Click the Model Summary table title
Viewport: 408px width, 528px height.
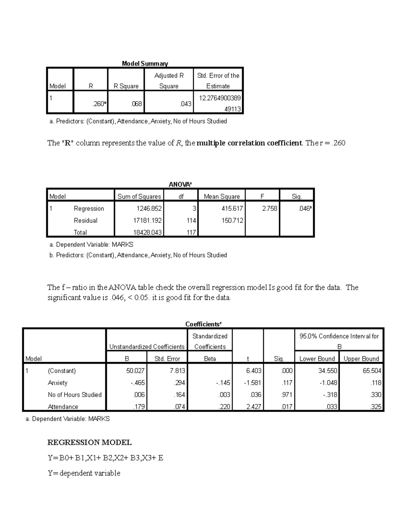[x=145, y=64]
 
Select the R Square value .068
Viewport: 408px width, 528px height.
[x=136, y=104]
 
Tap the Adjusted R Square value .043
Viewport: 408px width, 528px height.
[x=186, y=104]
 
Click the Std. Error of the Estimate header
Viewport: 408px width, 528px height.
[x=218, y=81]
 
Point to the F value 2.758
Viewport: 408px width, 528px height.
[x=270, y=208]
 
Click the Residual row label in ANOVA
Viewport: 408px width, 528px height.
[x=85, y=220]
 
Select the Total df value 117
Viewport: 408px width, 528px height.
[x=191, y=233]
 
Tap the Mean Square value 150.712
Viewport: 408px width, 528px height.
[x=232, y=220]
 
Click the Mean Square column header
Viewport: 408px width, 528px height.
[x=222, y=197]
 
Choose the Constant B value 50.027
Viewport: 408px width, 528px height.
[x=135, y=371]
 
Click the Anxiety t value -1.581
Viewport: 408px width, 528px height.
[x=253, y=383]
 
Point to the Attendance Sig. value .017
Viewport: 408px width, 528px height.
[x=287, y=407]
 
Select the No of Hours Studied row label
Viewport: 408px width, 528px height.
[x=74, y=395]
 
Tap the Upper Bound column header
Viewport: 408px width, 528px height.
[x=361, y=359]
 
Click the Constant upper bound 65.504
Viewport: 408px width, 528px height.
[x=372, y=371]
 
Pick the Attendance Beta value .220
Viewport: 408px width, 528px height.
[x=224, y=407]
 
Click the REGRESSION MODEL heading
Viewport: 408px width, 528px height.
[x=89, y=442]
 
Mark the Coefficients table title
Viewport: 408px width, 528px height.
[x=203, y=324]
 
